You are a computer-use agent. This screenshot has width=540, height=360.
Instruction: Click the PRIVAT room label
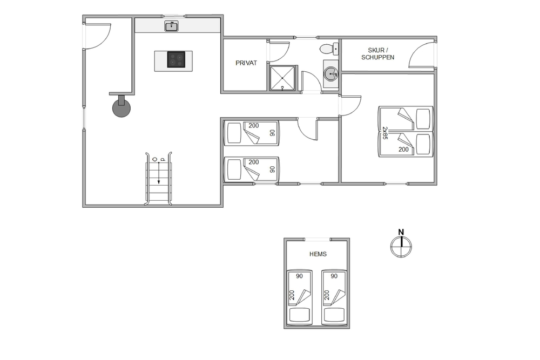click(x=246, y=63)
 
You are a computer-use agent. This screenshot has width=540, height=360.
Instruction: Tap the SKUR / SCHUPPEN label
click(x=377, y=54)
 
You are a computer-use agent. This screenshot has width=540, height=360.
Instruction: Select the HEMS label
click(x=318, y=254)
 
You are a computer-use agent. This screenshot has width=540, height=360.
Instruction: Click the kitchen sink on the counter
click(x=171, y=26)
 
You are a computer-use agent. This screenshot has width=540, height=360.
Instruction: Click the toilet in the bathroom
click(x=329, y=49)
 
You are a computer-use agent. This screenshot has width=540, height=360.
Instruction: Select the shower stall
click(x=282, y=78)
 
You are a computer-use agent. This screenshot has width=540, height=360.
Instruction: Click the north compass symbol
click(x=401, y=247)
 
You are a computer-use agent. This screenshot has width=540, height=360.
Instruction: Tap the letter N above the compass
click(x=401, y=232)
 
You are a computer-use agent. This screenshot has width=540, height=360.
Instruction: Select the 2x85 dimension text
click(x=385, y=133)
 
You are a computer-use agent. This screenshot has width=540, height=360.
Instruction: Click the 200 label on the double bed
click(x=403, y=150)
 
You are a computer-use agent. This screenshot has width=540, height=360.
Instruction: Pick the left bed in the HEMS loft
click(x=299, y=297)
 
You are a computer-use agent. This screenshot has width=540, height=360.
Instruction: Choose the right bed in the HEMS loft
click(x=334, y=297)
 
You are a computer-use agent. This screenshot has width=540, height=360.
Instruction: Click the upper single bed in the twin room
click(x=252, y=133)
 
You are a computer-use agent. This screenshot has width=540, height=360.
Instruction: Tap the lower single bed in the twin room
click(x=252, y=169)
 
